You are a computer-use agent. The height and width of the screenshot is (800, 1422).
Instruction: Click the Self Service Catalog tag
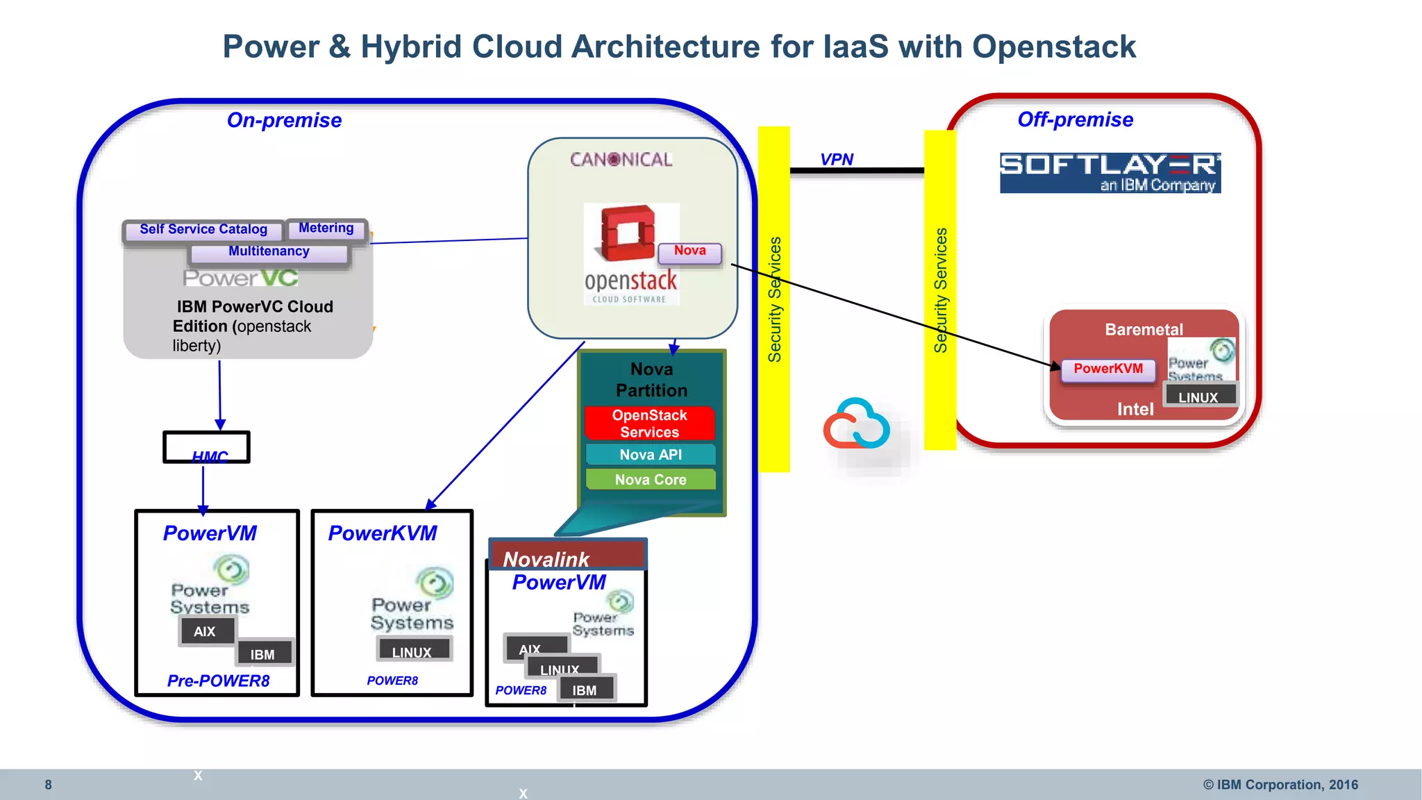[203, 229]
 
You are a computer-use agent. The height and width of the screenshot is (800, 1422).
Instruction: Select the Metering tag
[326, 228]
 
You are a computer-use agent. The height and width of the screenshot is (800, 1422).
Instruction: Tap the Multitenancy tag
[269, 251]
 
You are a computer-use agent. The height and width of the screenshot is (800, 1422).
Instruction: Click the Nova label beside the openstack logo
[689, 251]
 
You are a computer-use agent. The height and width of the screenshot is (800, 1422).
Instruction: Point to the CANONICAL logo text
[621, 160]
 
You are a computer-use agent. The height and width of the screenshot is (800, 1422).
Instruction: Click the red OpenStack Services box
[650, 424]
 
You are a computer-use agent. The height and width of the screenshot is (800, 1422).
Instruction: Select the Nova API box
[651, 455]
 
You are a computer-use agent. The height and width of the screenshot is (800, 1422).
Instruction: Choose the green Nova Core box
[651, 480]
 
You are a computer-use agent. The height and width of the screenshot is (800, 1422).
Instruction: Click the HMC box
[206, 447]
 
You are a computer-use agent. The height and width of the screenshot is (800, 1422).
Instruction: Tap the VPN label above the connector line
[837, 160]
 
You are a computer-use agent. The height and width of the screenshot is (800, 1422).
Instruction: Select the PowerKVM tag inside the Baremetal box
[1108, 369]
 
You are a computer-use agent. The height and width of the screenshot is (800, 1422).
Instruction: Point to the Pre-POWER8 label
[218, 681]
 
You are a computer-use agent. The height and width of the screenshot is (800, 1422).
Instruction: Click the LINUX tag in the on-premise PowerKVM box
[412, 651]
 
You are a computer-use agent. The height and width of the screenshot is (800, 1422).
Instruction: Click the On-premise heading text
[285, 120]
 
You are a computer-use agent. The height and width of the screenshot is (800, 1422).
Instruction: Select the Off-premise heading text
[1075, 119]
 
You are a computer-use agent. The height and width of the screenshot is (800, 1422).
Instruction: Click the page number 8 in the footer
[49, 785]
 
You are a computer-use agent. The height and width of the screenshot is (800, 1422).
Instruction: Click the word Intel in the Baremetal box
[1135, 409]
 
